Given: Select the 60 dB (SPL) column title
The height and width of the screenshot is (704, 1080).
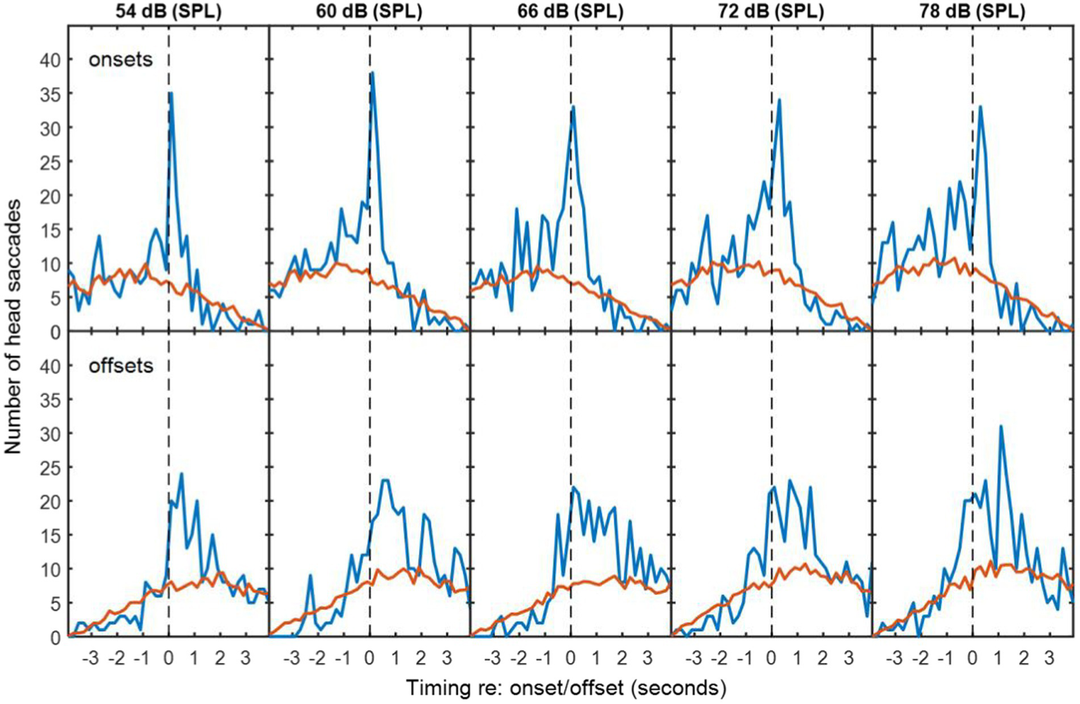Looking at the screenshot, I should [x=369, y=11].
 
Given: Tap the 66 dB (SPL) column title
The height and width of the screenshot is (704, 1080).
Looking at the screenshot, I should [x=570, y=11].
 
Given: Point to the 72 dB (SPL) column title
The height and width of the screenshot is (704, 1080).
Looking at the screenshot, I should [x=771, y=11].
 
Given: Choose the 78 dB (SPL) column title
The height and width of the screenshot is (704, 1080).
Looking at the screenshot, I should [x=973, y=11].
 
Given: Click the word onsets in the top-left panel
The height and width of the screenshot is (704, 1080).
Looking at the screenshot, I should [x=120, y=60].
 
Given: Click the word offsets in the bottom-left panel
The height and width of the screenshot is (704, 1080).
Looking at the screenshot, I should [x=120, y=366].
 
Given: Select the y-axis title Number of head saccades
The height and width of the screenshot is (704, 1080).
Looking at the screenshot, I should [x=13, y=325].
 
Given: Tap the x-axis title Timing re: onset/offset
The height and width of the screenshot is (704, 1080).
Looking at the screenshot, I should [x=566, y=687].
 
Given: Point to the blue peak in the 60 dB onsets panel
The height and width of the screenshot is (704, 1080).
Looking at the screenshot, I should [x=372, y=73].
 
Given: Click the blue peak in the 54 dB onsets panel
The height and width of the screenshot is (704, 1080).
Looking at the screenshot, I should [x=171, y=93].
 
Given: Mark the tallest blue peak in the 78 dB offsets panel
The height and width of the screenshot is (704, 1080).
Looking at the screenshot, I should [x=1000, y=426].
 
